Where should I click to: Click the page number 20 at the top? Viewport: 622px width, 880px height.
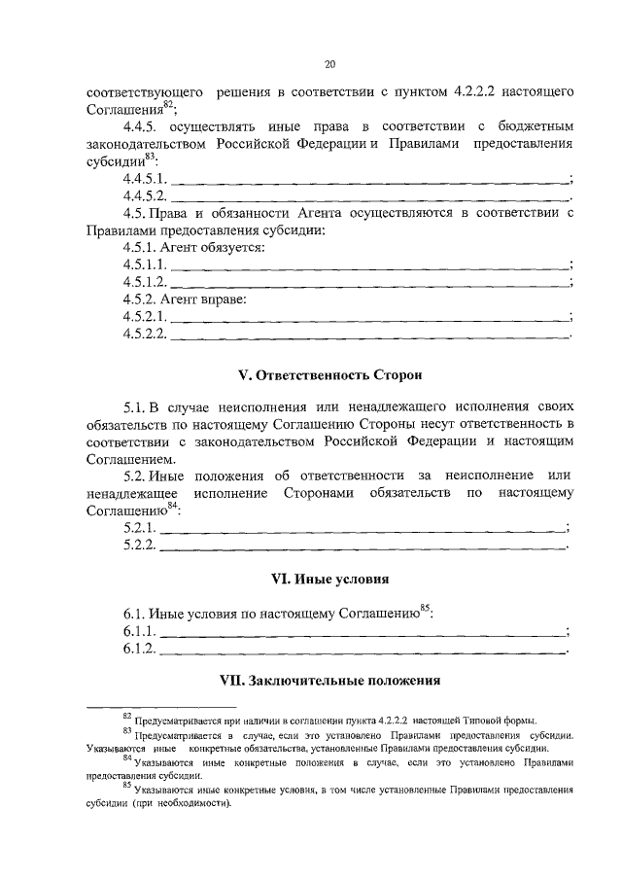[x=329, y=64]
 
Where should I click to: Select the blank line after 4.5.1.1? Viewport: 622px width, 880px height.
[x=369, y=266]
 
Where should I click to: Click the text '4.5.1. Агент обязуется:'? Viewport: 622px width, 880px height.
[x=193, y=248]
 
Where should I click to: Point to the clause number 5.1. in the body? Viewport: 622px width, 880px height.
[x=134, y=407]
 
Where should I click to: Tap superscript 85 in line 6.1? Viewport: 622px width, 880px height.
[x=425, y=608]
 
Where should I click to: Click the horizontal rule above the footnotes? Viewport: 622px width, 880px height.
[x=161, y=707]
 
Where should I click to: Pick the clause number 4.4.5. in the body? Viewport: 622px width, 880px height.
[x=142, y=127]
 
